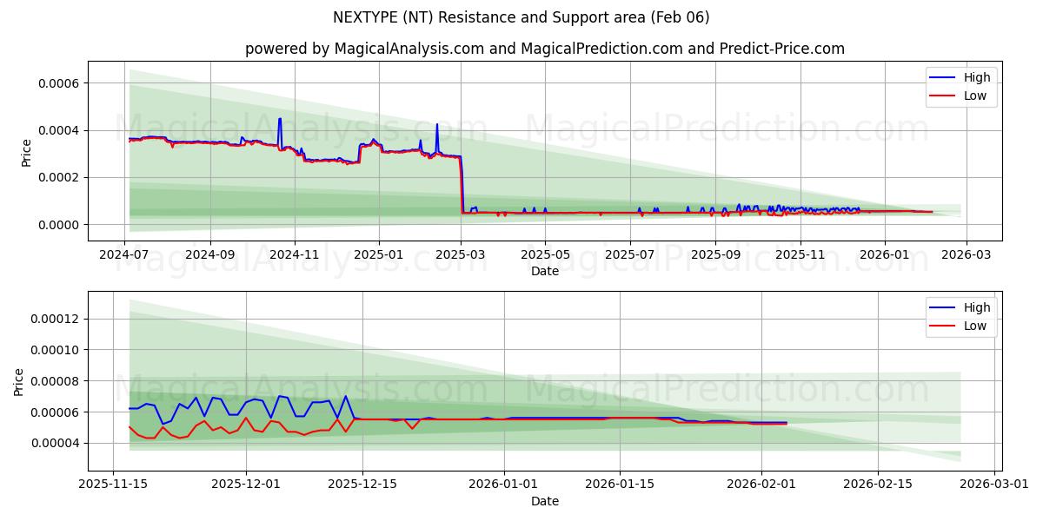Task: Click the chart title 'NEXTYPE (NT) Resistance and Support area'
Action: [x=521, y=17]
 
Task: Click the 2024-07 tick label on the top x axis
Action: [x=124, y=255]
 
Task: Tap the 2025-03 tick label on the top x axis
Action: [x=461, y=255]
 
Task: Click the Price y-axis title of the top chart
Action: [x=26, y=153]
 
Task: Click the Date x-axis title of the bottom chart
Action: [x=545, y=501]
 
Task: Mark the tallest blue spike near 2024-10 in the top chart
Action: [x=279, y=119]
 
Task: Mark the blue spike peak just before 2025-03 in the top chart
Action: [x=437, y=124]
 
